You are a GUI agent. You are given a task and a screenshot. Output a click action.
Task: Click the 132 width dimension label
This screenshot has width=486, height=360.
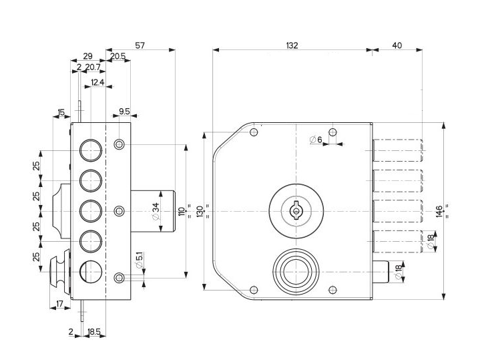pos(291,45)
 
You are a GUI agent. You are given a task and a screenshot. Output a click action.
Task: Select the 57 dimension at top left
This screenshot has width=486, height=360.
pos(140,45)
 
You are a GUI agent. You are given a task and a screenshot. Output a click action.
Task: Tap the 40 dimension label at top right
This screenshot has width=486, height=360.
pos(397,45)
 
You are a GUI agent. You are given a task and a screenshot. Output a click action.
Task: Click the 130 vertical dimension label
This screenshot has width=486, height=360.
pos(200,211)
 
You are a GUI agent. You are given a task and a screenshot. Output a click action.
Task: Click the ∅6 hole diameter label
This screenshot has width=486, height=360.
pos(316,140)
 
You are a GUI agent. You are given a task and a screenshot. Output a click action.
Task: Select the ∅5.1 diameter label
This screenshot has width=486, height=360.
pos(139,260)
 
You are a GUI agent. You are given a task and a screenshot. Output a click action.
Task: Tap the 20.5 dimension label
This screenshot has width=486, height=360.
pos(118,57)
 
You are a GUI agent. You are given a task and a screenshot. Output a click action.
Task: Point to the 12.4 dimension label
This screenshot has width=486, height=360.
pos(97,82)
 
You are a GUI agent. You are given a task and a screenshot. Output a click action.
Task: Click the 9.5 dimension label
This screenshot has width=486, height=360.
pos(124,112)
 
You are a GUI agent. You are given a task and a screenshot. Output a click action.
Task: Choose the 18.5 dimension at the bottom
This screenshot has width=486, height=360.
pos(93,331)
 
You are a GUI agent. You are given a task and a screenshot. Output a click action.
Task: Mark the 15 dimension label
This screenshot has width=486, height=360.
pos(61,112)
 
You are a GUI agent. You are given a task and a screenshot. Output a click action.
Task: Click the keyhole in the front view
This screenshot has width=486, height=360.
pos(294,210)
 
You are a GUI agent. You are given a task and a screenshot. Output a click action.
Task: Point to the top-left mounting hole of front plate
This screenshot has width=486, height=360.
pos(253,132)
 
